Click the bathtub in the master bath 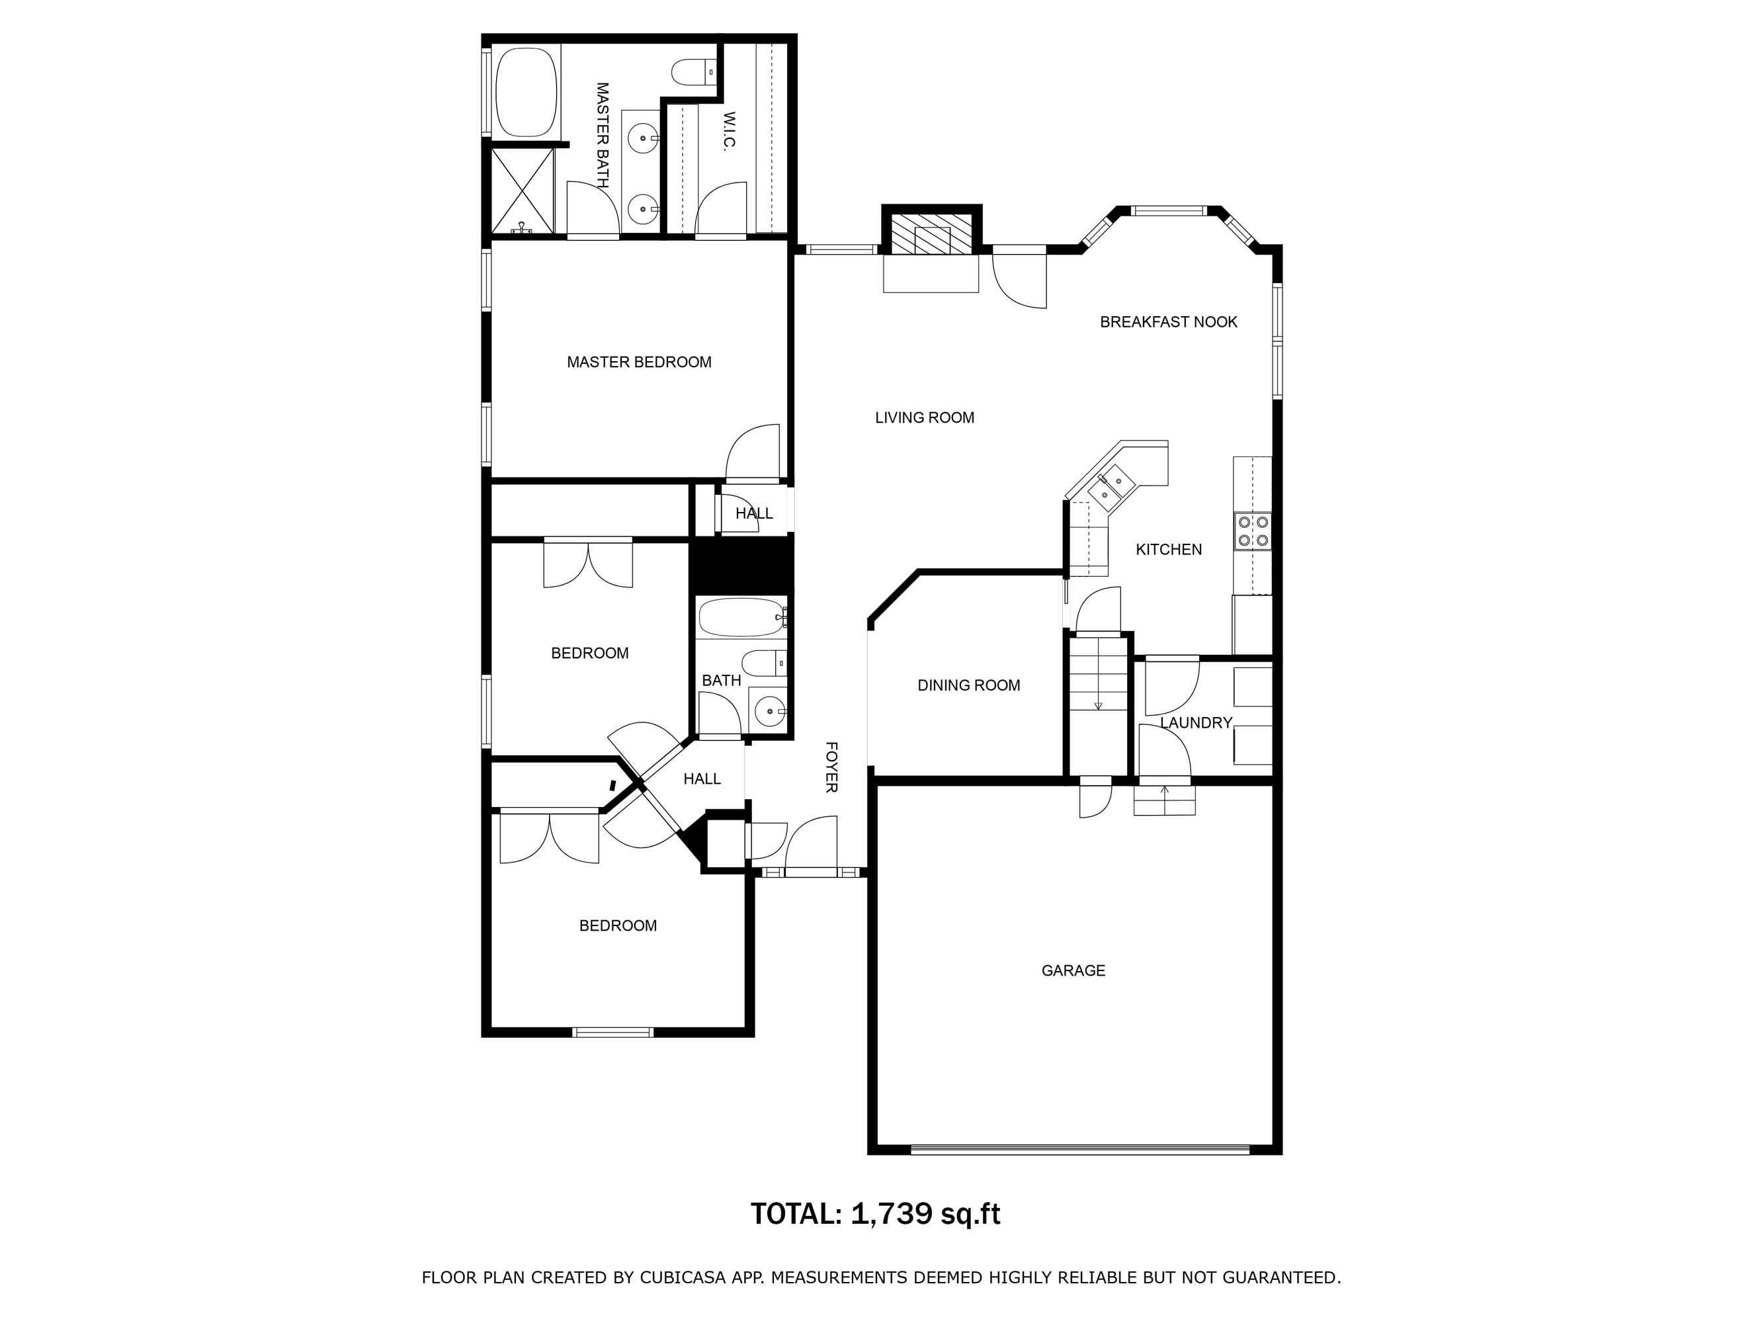tap(526, 92)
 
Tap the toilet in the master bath tap(694, 73)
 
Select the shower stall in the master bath tap(523, 191)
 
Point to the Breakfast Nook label tap(1168, 322)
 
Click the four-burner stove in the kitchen tap(1253, 531)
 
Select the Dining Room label tap(969, 685)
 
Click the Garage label tap(1073, 970)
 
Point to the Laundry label tap(1197, 722)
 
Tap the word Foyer tap(831, 767)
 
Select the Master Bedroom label tap(640, 362)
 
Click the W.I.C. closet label tap(729, 130)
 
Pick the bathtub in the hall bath tap(741, 617)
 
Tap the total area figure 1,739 tap(892, 1214)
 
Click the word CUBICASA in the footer tap(682, 1277)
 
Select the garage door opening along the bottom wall tap(1080, 1149)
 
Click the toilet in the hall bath tap(764, 663)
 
